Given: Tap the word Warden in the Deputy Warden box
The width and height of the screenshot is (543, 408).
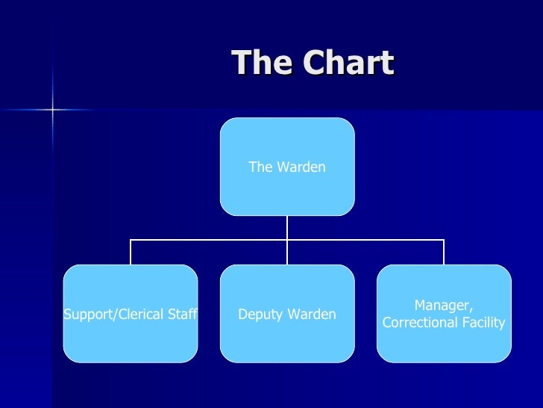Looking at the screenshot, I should click(x=313, y=315).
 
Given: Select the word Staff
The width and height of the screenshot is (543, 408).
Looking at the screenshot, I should click(x=181, y=315).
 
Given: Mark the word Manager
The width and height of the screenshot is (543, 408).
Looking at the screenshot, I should click(x=444, y=306).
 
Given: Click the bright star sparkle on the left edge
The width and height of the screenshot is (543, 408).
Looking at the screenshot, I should click(x=52, y=110).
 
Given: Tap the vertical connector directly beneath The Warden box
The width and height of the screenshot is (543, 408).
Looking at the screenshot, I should click(x=287, y=227).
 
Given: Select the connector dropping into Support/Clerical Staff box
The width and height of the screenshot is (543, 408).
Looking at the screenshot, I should click(x=131, y=253).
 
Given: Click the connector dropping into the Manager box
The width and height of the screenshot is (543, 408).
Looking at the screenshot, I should click(x=444, y=253).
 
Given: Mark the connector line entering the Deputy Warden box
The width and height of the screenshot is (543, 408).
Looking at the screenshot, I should click(x=287, y=254).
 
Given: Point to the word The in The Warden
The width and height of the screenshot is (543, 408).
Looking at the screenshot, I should click(x=260, y=167).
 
